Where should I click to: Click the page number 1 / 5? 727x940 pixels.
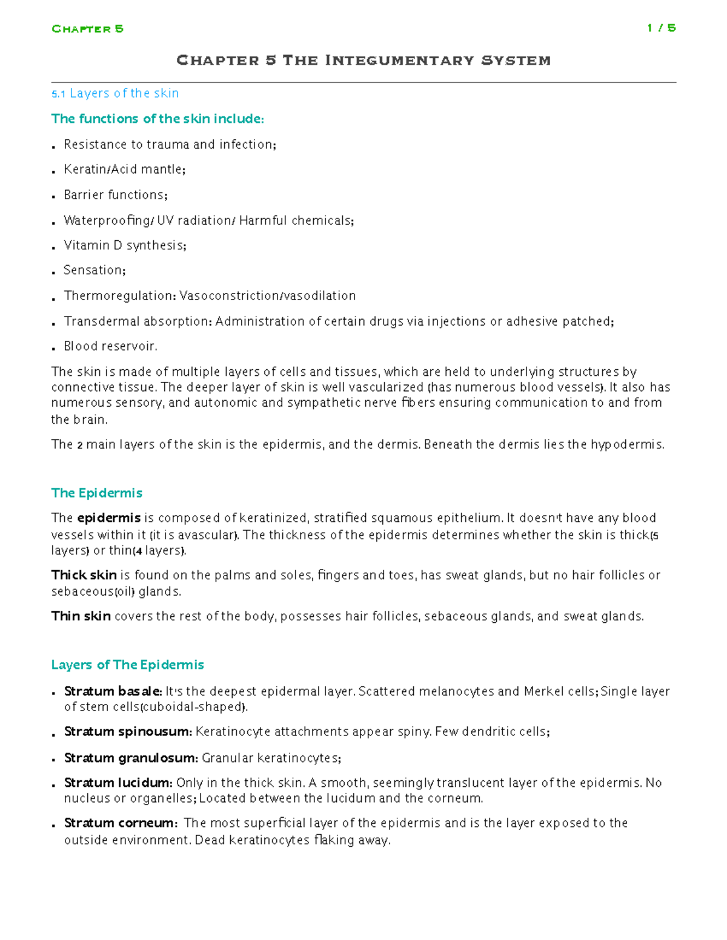coord(661,28)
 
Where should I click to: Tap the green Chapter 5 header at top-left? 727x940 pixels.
coord(87,28)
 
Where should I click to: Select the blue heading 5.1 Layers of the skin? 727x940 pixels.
coord(115,93)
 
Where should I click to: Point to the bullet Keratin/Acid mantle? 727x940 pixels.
coord(124,169)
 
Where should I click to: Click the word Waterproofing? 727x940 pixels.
coord(107,220)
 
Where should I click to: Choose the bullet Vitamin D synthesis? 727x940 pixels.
coord(125,245)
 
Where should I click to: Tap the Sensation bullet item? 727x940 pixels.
coord(94,271)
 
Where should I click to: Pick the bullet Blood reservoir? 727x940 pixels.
coord(110,346)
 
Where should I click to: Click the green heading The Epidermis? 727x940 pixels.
coord(97,493)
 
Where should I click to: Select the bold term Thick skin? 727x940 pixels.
coord(84,575)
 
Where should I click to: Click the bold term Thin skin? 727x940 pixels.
coord(81,616)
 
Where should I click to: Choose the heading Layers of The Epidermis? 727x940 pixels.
coord(127,665)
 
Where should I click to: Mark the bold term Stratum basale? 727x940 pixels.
coord(113,691)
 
